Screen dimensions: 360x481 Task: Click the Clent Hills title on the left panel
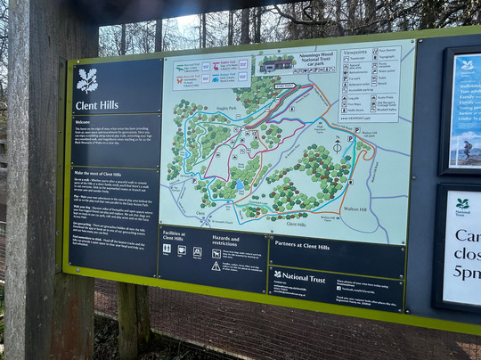tap(96, 105)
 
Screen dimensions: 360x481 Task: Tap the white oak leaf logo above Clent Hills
tap(87, 79)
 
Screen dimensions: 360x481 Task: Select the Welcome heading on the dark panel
tap(82, 122)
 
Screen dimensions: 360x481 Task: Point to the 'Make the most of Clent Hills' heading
tap(98, 173)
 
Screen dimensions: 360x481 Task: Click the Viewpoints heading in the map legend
tap(355, 53)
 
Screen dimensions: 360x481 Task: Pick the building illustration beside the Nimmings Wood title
tap(276, 64)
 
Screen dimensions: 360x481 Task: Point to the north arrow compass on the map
tap(337, 143)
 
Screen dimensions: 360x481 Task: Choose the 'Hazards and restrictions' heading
tap(226, 240)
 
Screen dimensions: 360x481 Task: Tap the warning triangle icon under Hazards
tap(216, 266)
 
